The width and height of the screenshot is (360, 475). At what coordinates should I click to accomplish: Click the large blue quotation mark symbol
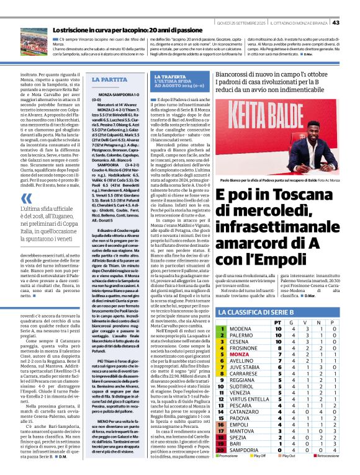26,198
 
